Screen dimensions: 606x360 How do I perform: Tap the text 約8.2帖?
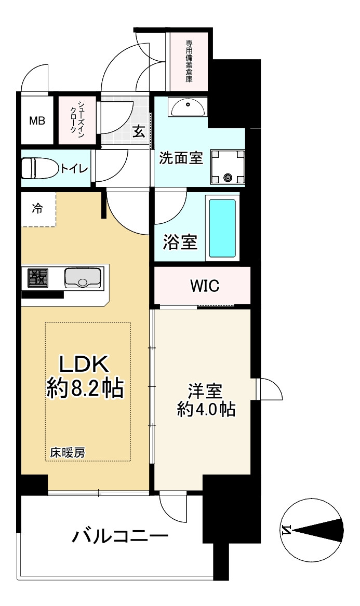click(85, 387)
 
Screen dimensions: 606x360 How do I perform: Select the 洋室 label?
click(206, 390)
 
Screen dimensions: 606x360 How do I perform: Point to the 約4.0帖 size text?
click(206, 410)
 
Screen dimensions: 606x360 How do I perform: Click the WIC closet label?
click(204, 286)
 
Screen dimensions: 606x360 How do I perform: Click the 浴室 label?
click(180, 243)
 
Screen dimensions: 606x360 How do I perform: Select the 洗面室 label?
click(180, 158)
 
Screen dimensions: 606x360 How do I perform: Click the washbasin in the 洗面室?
click(188, 108)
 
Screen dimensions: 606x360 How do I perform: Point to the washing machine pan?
click(227, 167)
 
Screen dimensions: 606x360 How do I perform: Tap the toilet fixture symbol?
click(39, 168)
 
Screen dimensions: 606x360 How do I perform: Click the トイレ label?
click(74, 169)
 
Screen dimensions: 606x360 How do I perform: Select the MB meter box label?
click(37, 121)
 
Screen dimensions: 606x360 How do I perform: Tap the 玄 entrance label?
click(139, 131)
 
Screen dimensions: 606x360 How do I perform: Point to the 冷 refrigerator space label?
click(37, 209)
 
